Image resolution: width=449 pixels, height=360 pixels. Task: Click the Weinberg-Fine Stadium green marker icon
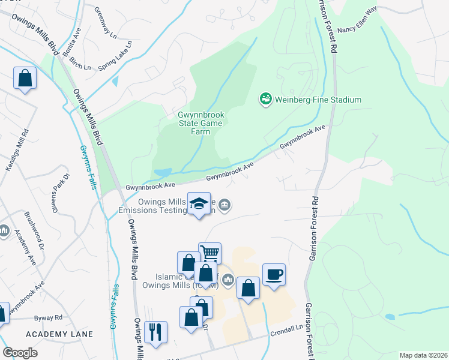point(265,98)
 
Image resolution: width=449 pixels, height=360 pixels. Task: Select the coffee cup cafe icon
point(274,275)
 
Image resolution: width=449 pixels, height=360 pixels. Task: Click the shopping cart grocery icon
point(209,253)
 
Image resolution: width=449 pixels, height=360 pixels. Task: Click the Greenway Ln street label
point(104,23)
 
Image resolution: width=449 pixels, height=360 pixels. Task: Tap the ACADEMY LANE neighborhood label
point(59,334)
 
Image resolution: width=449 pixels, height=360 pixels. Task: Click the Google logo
point(20,353)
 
